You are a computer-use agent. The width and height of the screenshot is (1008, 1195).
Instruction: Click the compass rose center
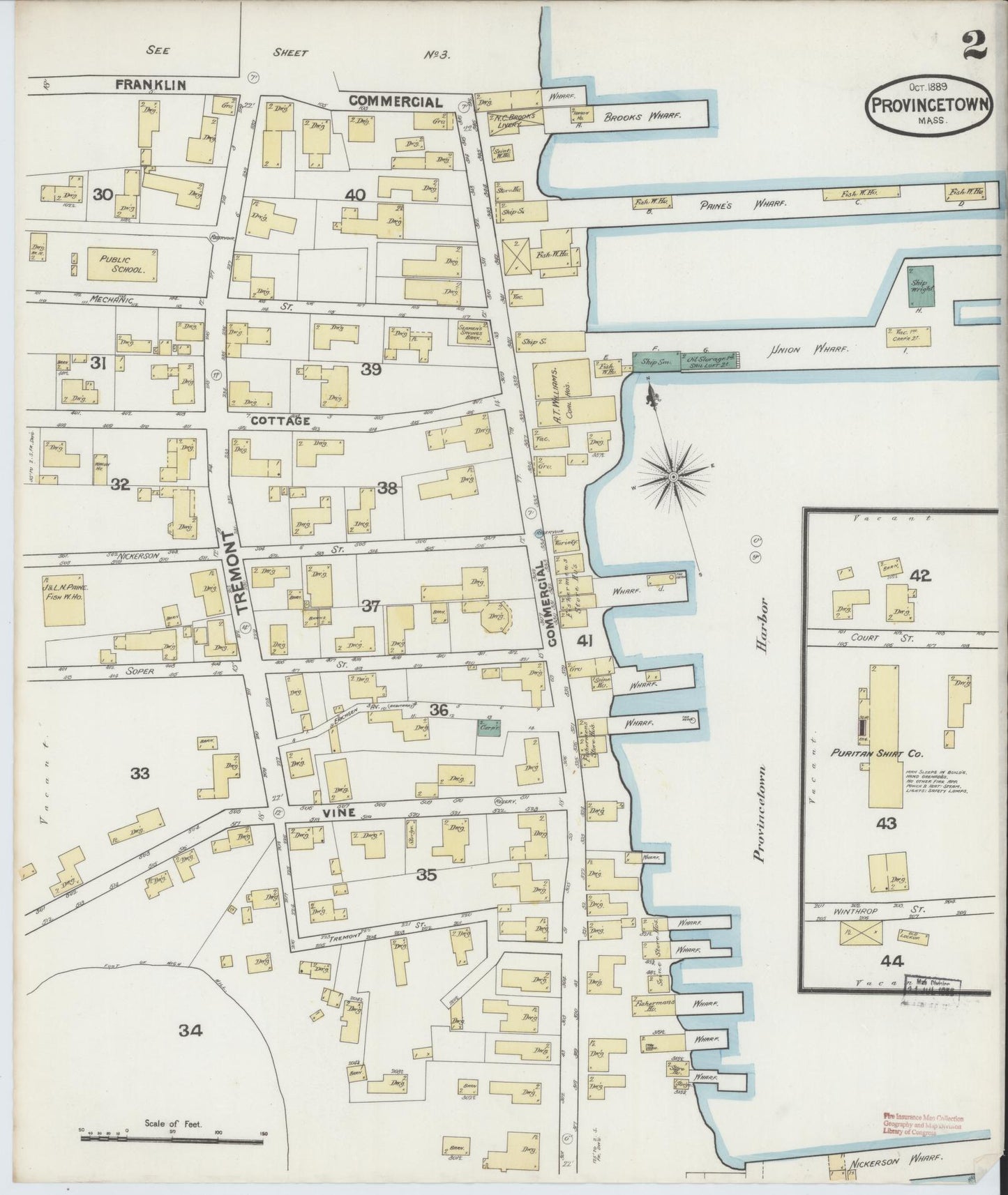pyautogui.click(x=673, y=477)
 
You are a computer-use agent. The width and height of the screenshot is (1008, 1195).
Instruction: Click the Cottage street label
pyautogui.click(x=280, y=421)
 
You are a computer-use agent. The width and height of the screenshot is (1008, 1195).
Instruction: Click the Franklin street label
pyautogui.click(x=151, y=85)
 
